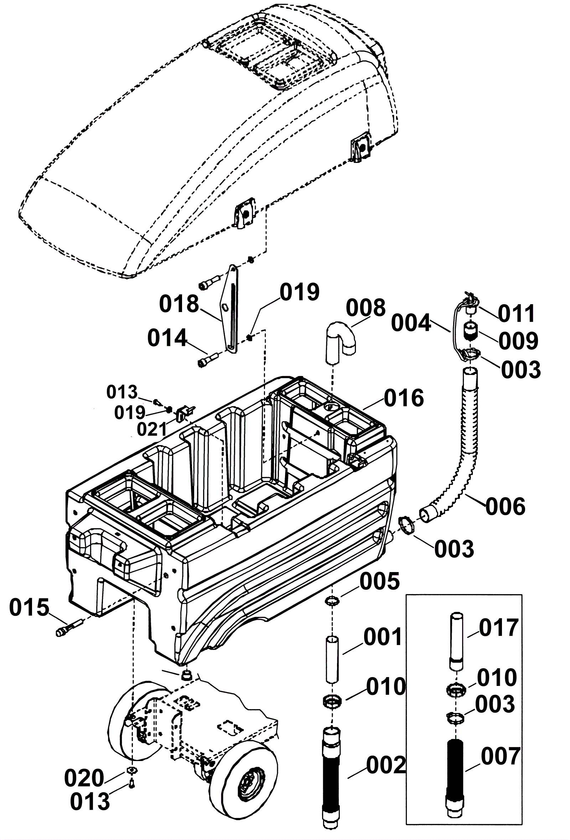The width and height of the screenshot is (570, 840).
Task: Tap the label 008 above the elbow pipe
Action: pyautogui.click(x=366, y=308)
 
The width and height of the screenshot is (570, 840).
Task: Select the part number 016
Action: pyautogui.click(x=404, y=398)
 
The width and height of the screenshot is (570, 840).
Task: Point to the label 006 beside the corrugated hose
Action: pyautogui.click(x=505, y=507)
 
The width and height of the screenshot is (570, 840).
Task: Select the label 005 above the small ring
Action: pyautogui.click(x=380, y=581)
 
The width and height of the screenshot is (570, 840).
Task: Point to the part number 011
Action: pyautogui.click(x=517, y=313)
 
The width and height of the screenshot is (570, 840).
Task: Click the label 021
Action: pyautogui.click(x=152, y=429)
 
